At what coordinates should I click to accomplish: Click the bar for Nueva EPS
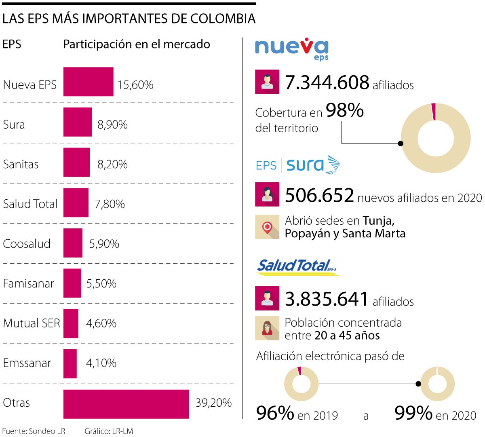pos(88,82)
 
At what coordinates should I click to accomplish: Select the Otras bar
pos(126,404)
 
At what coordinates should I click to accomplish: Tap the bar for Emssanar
pos(70,364)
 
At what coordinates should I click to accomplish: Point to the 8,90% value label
pos(112,125)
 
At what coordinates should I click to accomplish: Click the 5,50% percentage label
pos(101,284)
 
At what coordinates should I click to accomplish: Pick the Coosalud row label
pos(27,244)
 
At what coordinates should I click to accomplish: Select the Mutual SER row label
pos(32,323)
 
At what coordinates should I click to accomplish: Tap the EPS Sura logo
pos(298,165)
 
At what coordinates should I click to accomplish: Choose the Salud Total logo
pos(297,266)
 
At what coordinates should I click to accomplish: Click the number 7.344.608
pos(327,82)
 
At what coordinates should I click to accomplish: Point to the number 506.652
pos(319,196)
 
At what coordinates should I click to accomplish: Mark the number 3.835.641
pos(327,299)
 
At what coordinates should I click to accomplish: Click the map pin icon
pos(267,227)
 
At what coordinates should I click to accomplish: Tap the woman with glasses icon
pos(267,328)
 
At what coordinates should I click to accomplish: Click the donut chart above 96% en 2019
pos(301,384)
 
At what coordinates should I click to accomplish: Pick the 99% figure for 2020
pos(413,413)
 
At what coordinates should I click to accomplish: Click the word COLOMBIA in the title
pos(223,19)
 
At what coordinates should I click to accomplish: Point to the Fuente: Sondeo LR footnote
pos(34,431)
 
